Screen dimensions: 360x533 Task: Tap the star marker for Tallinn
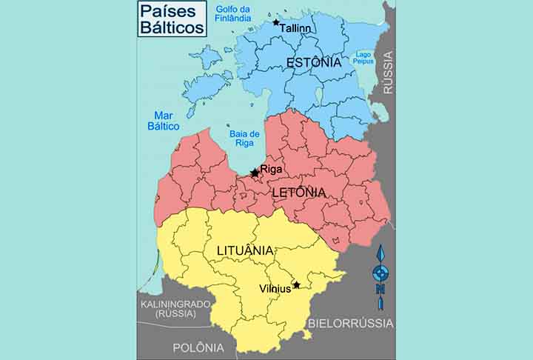(276, 23)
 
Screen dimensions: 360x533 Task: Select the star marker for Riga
(255, 173)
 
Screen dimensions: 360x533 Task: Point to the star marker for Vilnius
(296, 284)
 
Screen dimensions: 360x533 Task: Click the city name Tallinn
(295, 28)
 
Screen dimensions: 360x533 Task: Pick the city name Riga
(272, 169)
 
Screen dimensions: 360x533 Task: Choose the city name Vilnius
(275, 288)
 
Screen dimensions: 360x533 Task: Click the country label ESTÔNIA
(309, 62)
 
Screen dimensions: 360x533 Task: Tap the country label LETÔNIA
(298, 192)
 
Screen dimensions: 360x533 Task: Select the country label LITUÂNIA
(245, 250)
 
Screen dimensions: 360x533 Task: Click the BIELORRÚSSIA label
(350, 324)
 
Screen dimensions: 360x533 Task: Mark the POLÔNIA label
(198, 347)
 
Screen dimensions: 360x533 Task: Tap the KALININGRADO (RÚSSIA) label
(175, 309)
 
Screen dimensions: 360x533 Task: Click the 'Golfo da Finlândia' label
(234, 13)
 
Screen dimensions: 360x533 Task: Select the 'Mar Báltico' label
(164, 121)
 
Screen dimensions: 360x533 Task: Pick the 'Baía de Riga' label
(244, 139)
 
